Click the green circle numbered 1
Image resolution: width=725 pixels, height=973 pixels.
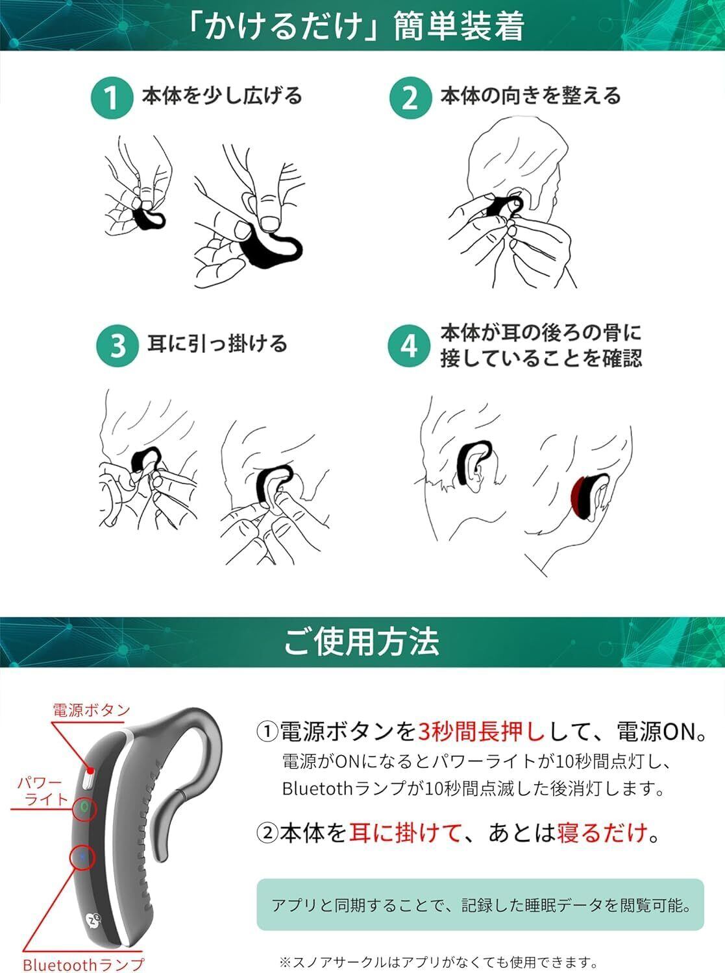112,98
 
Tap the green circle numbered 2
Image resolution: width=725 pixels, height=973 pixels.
410,97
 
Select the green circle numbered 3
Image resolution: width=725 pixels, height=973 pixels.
117,346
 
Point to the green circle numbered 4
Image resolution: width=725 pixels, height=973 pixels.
408,346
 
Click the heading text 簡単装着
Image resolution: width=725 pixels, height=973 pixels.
459,27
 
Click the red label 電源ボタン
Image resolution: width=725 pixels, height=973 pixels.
91,710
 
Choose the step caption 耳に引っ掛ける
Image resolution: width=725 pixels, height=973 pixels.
217,344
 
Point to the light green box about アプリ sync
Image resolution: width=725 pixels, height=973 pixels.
480,905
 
